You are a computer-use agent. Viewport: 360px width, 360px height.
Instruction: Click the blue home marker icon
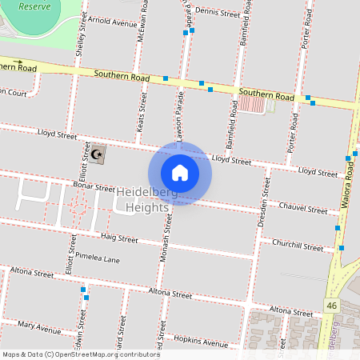tap(180, 172)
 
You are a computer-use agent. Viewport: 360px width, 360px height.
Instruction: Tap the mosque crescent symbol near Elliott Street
tap(98, 154)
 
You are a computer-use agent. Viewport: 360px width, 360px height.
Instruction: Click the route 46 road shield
tap(331, 305)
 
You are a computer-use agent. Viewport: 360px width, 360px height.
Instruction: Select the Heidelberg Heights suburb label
tap(144, 200)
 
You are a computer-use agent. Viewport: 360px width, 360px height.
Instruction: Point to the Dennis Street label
tap(217, 14)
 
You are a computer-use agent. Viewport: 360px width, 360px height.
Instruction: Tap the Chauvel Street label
tap(304, 209)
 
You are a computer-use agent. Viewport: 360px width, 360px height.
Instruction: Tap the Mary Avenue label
tap(38, 327)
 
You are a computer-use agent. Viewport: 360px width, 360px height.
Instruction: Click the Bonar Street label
tap(94, 187)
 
